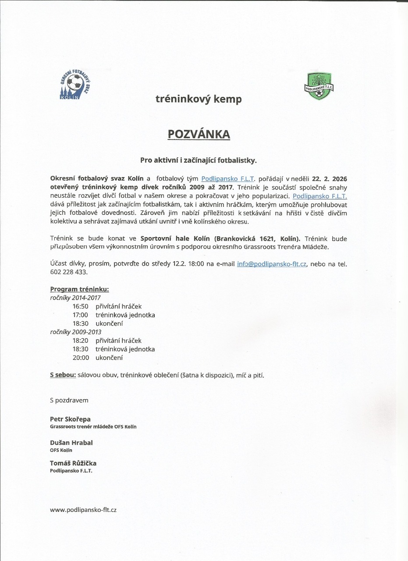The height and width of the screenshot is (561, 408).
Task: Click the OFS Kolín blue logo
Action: [x=76, y=87]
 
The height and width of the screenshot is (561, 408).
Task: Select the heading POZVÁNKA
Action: [x=199, y=134]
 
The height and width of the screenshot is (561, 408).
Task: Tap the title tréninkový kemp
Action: [x=199, y=99]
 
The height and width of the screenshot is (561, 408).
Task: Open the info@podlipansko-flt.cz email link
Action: [x=272, y=264]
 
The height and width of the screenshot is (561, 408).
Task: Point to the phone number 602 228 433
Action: [x=68, y=272]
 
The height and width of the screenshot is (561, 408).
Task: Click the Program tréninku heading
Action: [x=79, y=289]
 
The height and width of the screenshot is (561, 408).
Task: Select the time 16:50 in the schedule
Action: [x=81, y=306]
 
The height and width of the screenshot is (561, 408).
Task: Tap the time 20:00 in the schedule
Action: [x=81, y=358]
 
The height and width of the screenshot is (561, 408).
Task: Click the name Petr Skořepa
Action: [x=70, y=419]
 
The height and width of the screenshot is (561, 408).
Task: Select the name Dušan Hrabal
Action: [x=71, y=443]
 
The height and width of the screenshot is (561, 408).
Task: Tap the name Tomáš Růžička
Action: [x=73, y=463]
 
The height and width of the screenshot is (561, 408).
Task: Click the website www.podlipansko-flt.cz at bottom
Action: [x=83, y=510]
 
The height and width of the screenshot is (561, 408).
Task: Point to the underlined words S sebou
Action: [x=63, y=375]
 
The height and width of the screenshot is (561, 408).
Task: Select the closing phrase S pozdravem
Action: [x=69, y=400]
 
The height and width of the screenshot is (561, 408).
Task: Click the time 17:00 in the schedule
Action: [x=81, y=315]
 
